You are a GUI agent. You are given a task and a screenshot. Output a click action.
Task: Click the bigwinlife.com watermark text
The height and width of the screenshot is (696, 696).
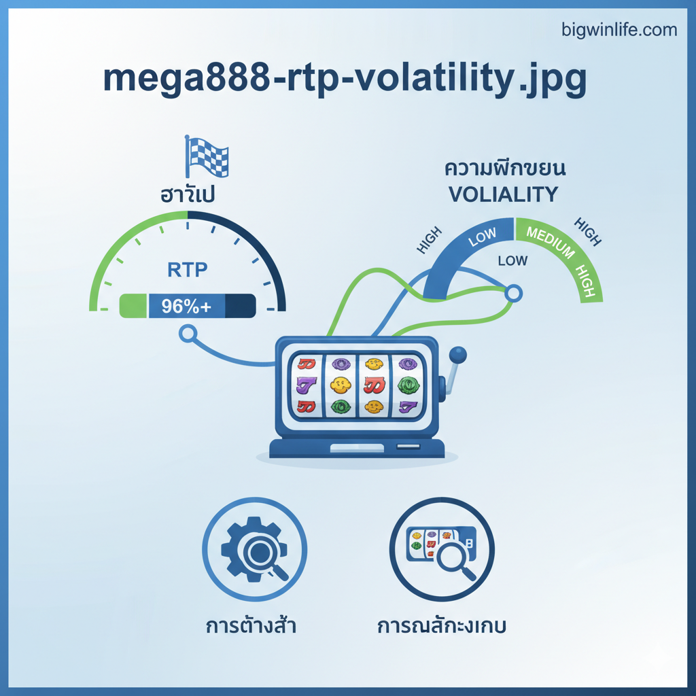click(619, 30)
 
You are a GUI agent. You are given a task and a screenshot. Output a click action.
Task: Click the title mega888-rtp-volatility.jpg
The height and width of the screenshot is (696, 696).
click(345, 80)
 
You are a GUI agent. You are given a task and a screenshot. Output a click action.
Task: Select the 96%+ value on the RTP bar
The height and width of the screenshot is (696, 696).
click(186, 307)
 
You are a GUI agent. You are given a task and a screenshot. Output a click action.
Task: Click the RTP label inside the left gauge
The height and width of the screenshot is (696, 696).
click(187, 270)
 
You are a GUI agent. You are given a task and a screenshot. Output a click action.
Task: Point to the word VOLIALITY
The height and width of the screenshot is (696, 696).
click(503, 194)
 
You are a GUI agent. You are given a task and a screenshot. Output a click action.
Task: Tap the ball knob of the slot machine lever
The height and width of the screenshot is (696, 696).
click(459, 355)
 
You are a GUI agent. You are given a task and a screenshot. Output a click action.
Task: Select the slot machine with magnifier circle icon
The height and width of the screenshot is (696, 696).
click(441, 550)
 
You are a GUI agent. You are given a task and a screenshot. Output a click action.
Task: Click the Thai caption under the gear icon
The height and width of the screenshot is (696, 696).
click(251, 625)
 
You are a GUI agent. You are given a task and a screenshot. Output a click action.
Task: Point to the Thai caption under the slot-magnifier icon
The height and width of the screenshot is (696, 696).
click(441, 625)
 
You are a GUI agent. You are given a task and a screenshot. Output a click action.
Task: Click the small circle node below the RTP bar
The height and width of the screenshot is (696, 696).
click(187, 334)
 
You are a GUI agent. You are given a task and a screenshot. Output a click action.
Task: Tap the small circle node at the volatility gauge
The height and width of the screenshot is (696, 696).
click(515, 293)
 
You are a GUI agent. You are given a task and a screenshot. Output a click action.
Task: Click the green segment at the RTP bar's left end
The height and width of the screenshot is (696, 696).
click(133, 307)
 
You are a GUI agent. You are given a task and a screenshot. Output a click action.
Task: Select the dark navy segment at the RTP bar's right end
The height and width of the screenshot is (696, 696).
click(240, 307)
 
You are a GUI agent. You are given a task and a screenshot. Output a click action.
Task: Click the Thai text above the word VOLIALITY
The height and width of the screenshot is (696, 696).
click(505, 167)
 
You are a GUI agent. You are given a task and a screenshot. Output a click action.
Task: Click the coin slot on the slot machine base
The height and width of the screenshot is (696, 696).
click(408, 447)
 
